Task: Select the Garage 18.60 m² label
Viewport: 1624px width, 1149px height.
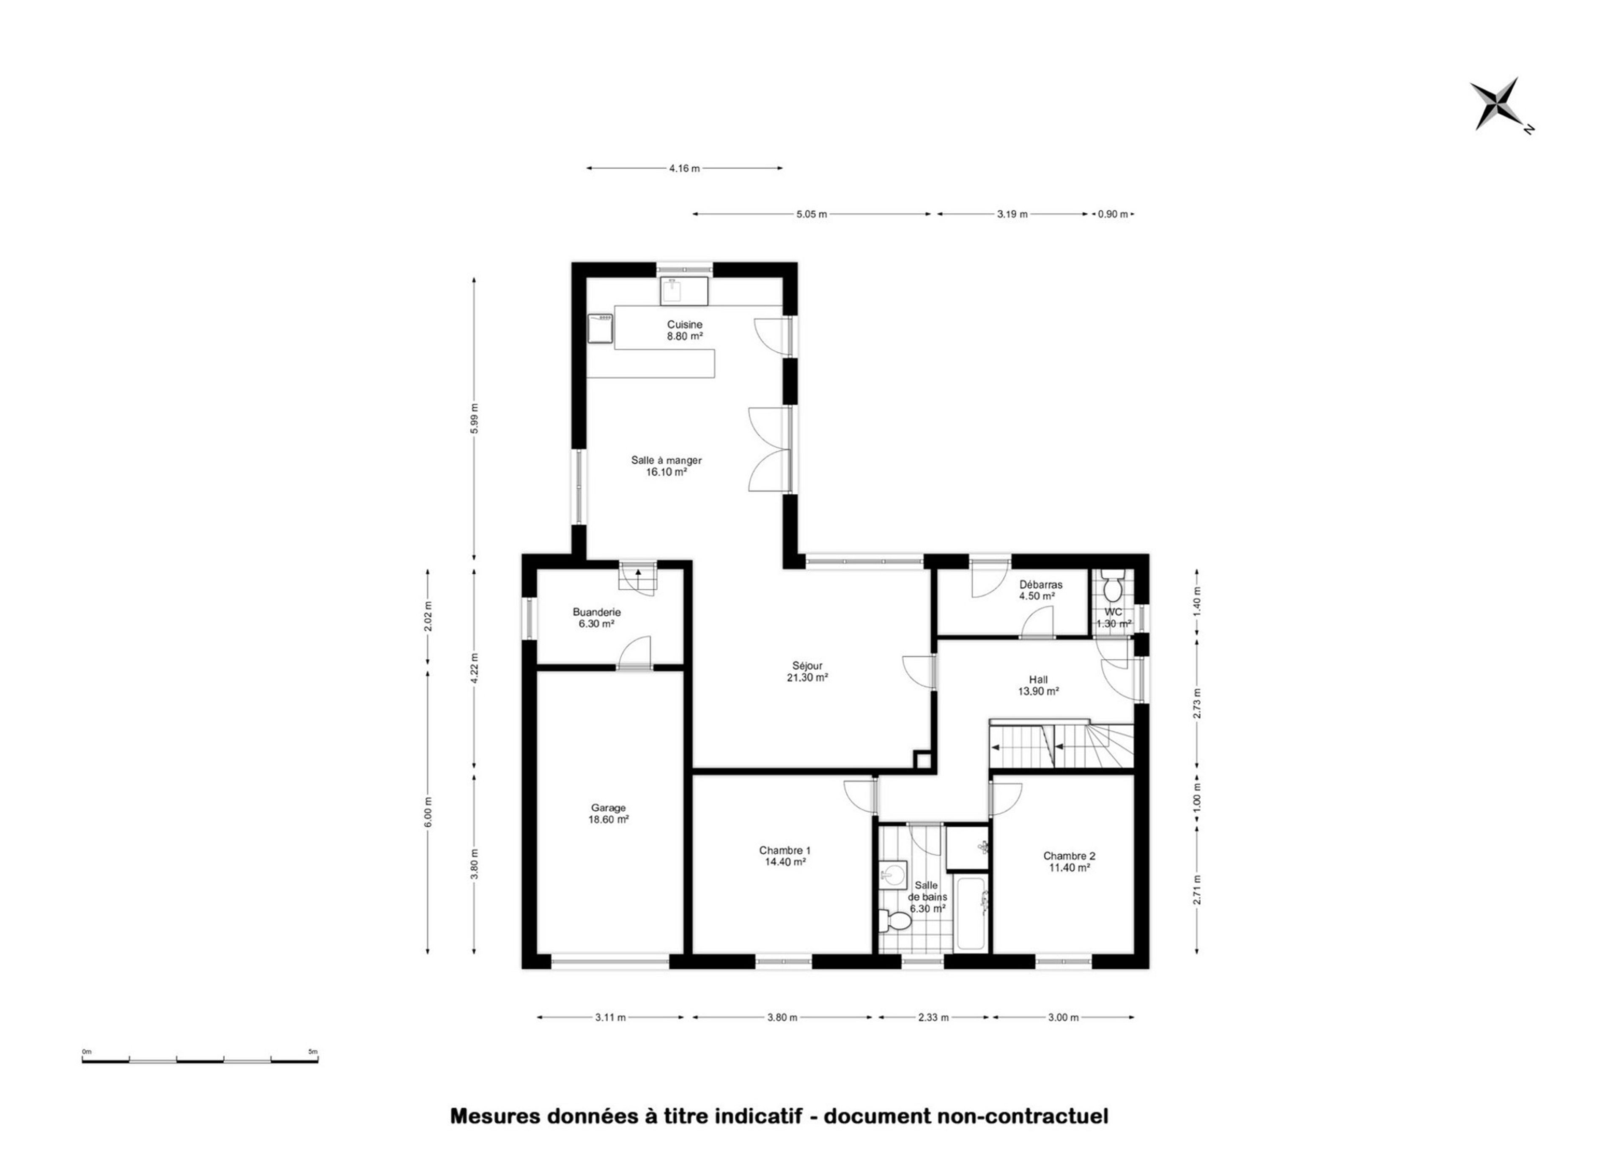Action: click(x=609, y=814)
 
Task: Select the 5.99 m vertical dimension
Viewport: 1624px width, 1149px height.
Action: click(x=474, y=418)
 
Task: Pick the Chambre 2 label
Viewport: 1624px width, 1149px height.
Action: click(x=1069, y=856)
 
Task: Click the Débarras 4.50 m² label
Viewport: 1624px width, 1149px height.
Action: click(x=1040, y=590)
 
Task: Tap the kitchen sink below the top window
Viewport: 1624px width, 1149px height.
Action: click(x=684, y=291)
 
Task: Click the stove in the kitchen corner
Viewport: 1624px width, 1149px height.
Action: click(x=601, y=328)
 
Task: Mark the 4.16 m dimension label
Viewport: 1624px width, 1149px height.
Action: click(x=684, y=168)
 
